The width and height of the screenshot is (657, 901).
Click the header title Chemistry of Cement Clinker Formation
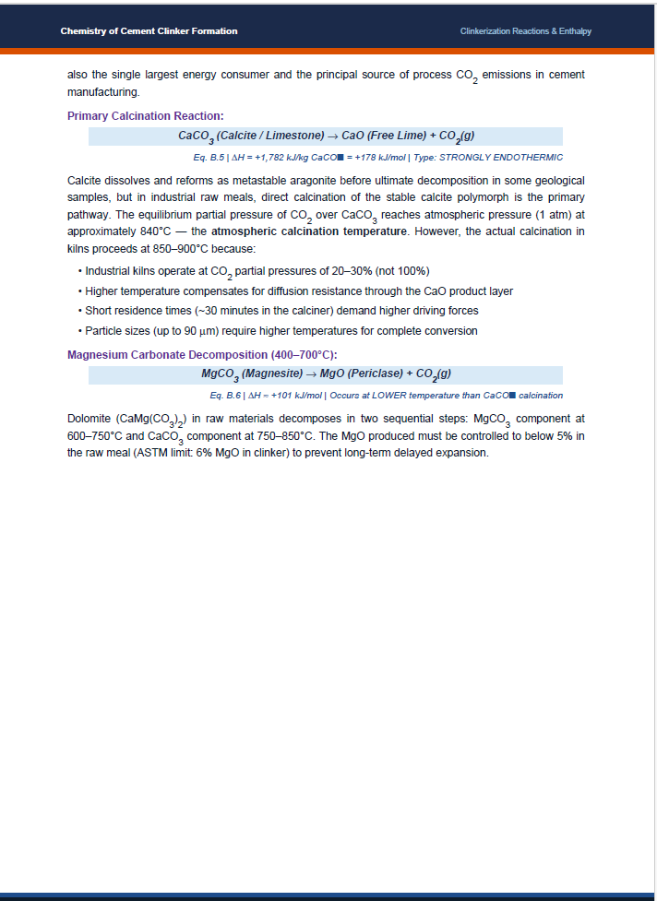tap(149, 31)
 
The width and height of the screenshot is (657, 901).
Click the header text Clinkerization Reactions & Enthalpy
tap(526, 31)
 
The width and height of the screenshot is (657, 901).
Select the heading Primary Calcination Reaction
tap(146, 116)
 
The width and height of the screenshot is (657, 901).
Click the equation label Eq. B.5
tap(208, 158)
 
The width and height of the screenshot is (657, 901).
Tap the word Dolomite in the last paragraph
tap(90, 418)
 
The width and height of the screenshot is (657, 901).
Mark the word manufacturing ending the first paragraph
tap(102, 93)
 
